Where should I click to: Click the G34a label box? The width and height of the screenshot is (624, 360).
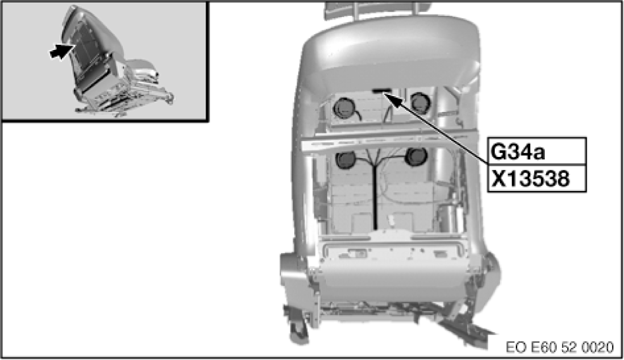point(536,152)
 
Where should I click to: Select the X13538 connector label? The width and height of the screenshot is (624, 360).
point(536,179)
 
